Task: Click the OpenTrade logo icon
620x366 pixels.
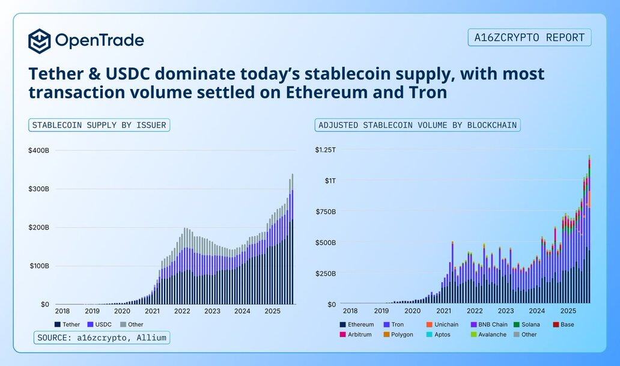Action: [40, 41]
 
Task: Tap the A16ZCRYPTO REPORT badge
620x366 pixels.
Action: [529, 37]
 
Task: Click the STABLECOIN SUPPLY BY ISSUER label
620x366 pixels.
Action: [99, 125]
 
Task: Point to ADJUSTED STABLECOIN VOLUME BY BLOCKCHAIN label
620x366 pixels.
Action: [418, 125]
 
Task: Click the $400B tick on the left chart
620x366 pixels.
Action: [38, 150]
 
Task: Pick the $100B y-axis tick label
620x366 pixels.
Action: [38, 266]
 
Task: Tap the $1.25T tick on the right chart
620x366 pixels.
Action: [327, 150]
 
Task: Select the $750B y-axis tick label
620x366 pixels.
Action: [327, 212]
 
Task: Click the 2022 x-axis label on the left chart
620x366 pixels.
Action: [182, 311]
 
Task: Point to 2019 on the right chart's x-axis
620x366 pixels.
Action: [381, 311]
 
